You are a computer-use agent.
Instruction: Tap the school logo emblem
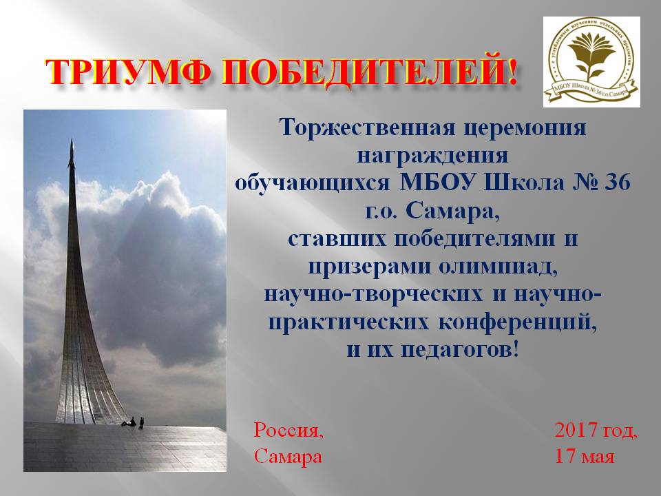591,61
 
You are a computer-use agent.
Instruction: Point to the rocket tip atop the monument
72,141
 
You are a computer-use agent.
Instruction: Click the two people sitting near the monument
133,422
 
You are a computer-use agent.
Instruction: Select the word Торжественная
366,127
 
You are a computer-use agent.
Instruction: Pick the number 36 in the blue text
618,182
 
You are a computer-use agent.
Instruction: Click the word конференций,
518,323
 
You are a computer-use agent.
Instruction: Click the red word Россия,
288,430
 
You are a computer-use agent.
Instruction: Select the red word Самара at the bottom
288,456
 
